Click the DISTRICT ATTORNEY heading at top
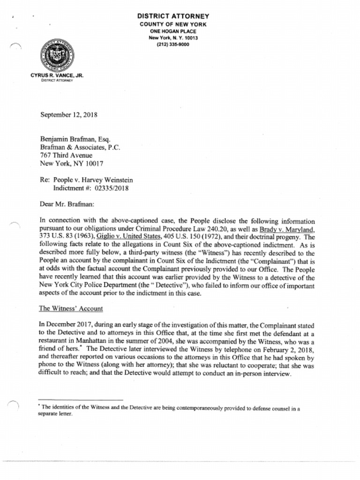(x=173, y=16)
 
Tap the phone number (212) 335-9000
(x=173, y=45)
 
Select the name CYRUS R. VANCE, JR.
(x=57, y=75)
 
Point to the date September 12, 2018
(x=68, y=114)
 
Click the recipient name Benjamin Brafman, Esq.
(x=75, y=139)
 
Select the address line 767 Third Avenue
(x=66, y=155)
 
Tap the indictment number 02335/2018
(x=112, y=188)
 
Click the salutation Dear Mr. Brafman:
(x=67, y=204)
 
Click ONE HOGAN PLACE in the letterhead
(x=173, y=31)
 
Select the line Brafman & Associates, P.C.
(x=80, y=147)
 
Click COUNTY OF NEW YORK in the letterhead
(x=173, y=24)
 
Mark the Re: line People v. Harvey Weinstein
(x=93, y=180)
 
